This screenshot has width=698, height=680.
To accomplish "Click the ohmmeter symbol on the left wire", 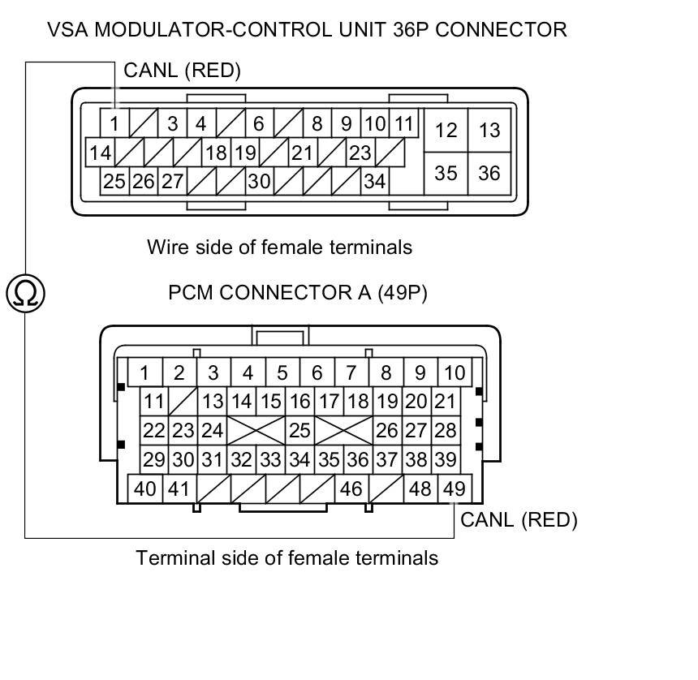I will click(x=25, y=292).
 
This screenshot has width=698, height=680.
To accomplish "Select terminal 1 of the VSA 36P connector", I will click(x=114, y=124).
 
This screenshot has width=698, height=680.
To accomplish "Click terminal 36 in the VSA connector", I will click(x=489, y=173).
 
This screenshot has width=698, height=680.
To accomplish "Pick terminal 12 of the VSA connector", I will click(x=446, y=130).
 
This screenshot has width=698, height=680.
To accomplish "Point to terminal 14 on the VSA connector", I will click(x=101, y=153).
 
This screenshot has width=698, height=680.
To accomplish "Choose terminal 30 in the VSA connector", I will click(x=259, y=181).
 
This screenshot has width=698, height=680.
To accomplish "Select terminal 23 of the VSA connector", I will click(x=360, y=153).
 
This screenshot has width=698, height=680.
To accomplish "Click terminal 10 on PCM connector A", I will click(x=455, y=372).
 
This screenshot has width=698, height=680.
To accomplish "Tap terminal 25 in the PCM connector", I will click(x=299, y=430).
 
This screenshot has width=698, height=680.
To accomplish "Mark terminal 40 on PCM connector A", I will click(x=145, y=488).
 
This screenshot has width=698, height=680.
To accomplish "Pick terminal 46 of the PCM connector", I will click(x=351, y=488).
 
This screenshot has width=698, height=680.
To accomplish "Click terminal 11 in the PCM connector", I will click(x=153, y=401).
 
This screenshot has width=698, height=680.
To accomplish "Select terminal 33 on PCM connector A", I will click(x=270, y=459).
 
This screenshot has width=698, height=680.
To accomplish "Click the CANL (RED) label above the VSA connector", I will click(x=182, y=71).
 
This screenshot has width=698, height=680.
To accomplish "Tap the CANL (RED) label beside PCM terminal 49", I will click(x=519, y=519).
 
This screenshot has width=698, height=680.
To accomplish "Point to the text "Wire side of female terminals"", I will click(x=279, y=247).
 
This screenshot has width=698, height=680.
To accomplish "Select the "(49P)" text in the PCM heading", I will click(x=402, y=292).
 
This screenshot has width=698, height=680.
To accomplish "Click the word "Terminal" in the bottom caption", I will click(x=167, y=558).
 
